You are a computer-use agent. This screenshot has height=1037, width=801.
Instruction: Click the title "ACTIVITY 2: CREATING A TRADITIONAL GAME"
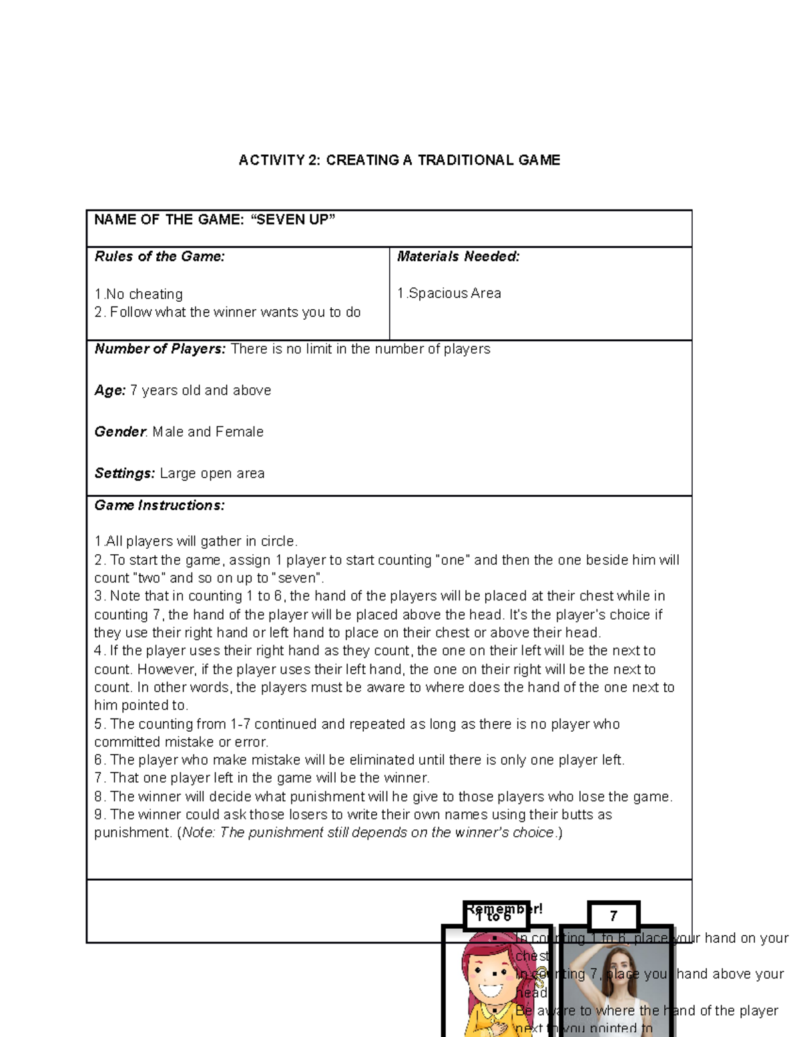(399, 160)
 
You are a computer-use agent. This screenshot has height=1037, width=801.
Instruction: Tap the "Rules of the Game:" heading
(160, 256)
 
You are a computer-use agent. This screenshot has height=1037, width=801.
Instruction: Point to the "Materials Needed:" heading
(458, 256)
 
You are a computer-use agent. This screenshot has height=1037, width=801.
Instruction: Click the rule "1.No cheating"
(139, 294)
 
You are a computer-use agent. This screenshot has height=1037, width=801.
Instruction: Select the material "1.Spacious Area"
(449, 293)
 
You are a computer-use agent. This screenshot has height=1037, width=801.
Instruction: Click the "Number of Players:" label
(160, 349)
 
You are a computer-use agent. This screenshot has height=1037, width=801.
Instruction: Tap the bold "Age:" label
(110, 391)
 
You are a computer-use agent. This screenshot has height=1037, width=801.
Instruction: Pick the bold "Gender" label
(120, 432)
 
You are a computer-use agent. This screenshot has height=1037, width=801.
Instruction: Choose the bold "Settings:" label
(125, 473)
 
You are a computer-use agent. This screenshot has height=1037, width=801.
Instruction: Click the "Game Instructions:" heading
(160, 505)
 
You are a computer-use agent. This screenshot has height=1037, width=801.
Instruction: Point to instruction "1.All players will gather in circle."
(196, 541)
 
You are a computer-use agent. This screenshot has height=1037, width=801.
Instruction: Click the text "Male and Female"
(208, 432)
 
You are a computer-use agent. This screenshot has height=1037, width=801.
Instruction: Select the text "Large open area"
(212, 473)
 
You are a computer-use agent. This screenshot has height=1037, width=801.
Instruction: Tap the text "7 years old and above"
(201, 391)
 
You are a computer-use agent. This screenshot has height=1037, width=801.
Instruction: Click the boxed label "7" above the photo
(613, 916)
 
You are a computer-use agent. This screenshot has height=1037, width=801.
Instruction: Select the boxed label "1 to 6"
(495, 916)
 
